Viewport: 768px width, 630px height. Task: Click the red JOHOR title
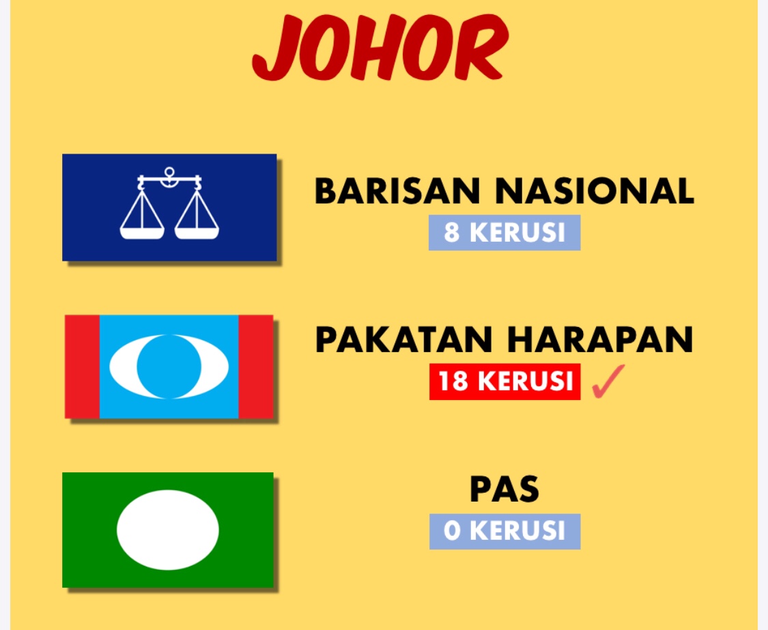point(380,48)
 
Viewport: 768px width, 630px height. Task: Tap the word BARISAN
point(397,190)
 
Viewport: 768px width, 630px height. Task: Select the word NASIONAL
point(595,190)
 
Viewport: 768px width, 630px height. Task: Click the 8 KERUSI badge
point(504,232)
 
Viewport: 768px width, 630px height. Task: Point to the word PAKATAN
point(403,339)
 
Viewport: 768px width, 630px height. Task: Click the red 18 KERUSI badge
point(505,382)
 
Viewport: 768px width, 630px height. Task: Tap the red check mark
point(608,381)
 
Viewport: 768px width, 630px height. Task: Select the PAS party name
point(504,489)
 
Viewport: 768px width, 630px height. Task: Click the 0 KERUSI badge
point(505,532)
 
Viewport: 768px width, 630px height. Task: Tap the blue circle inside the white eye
point(169,367)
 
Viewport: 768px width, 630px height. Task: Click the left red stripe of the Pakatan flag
point(83,367)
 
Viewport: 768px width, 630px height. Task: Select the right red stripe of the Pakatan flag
point(256,367)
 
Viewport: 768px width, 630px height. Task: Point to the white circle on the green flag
point(168,530)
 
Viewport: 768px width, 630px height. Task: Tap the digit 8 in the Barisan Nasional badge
point(452,232)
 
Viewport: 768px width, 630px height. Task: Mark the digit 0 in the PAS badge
point(452,532)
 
